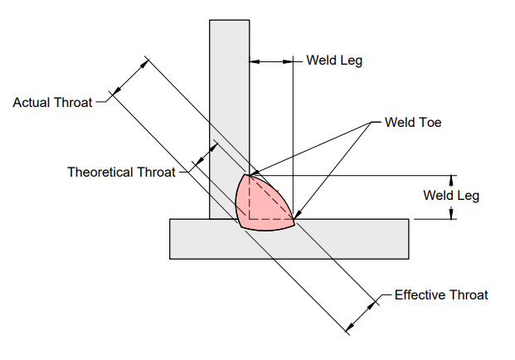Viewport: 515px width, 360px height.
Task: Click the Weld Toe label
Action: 412,122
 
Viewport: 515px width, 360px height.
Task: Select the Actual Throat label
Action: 52,103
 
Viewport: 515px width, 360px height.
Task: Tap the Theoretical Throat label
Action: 121,172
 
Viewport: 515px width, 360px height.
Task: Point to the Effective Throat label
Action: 441,294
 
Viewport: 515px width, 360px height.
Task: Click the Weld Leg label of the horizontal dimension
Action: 334,61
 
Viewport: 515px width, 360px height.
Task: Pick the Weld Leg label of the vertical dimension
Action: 451,196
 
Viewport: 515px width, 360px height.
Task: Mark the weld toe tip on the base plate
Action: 294,219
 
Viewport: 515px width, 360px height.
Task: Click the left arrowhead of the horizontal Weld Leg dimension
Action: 255,61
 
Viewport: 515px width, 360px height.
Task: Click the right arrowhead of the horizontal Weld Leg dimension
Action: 288,61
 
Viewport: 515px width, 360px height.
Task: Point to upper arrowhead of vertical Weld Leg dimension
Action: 451,180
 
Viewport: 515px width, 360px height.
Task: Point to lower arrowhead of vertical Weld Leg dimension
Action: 451,213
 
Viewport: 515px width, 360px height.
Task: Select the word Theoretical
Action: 100,172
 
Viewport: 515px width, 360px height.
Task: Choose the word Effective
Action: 420,294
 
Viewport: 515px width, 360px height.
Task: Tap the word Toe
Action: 430,122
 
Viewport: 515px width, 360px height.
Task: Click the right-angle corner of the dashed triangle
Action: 250,218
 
